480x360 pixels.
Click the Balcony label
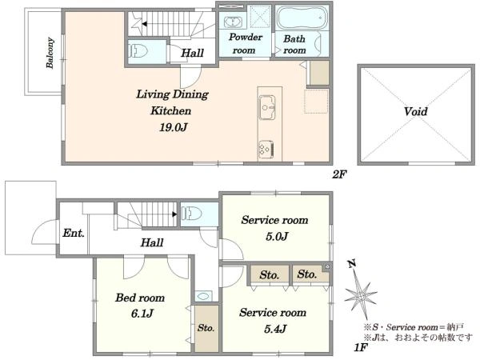50,53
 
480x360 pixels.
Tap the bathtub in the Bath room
302,17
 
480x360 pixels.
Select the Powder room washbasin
234,22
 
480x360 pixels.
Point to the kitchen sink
267,107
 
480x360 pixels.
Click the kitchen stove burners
266,150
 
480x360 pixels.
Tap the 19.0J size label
173,127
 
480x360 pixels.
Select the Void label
415,111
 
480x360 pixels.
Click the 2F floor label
339,174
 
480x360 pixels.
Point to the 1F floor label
361,348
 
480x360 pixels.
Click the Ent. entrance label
74,234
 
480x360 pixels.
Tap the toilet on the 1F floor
192,213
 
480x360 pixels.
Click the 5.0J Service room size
277,236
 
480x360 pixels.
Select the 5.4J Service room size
275,329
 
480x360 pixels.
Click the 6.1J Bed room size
142,314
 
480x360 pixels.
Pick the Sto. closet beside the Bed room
206,328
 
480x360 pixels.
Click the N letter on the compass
352,263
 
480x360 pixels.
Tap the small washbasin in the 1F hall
203,296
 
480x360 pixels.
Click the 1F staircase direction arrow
174,214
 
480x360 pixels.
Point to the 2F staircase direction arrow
144,24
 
